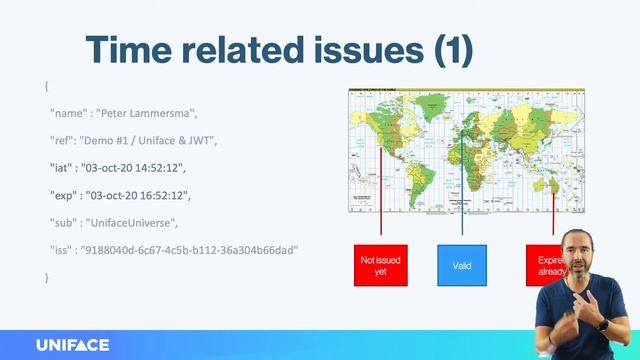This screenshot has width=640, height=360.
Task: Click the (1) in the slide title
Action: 447,50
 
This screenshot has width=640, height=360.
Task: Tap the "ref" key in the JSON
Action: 64,140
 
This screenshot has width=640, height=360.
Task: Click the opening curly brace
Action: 46,87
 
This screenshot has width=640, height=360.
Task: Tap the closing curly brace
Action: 46,275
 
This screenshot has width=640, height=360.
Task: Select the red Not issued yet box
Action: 380,265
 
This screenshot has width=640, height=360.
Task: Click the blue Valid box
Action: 462,265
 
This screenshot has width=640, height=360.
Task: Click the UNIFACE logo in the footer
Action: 72,345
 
